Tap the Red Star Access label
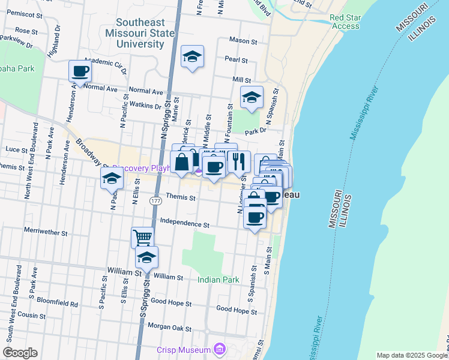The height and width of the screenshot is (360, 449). (345, 22)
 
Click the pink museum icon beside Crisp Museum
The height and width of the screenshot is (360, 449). (220, 349)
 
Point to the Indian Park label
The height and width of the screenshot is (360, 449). (218, 280)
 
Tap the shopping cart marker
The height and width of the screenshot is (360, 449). (142, 238)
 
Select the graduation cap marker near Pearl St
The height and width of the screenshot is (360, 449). (191, 57)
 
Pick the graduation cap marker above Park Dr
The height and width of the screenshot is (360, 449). (252, 98)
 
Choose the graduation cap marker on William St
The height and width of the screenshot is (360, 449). (146, 258)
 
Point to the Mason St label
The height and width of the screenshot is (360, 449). (243, 42)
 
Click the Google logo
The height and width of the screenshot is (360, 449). (20, 353)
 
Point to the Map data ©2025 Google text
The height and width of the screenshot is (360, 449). (411, 355)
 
